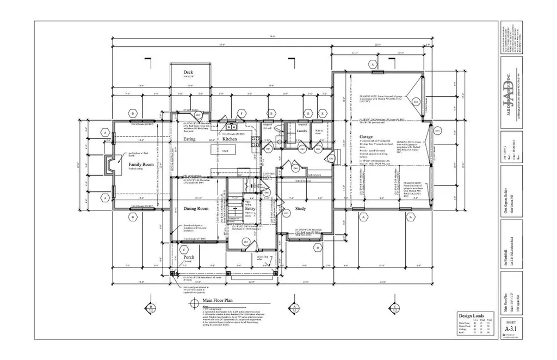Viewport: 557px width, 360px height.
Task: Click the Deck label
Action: [x=188, y=72]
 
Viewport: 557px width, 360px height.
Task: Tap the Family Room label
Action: [x=141, y=164]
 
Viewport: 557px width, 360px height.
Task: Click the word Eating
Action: [x=189, y=139]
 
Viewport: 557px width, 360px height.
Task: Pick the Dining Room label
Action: [x=195, y=209]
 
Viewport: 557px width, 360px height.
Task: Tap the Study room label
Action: [x=300, y=208]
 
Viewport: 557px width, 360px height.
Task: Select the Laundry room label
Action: [x=304, y=131]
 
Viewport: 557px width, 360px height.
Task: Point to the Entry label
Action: [x=250, y=209]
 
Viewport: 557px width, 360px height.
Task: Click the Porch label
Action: [x=189, y=257]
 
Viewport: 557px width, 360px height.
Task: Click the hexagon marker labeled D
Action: [x=317, y=249]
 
